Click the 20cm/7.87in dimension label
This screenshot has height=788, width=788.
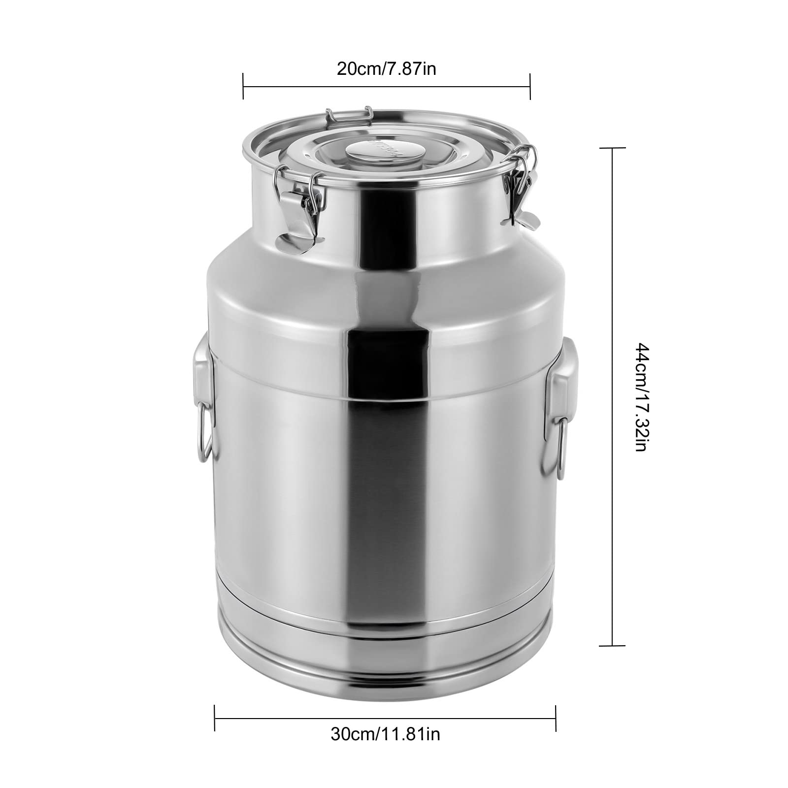[386, 68]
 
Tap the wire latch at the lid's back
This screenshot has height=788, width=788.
[348, 117]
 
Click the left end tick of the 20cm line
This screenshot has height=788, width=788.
[243, 86]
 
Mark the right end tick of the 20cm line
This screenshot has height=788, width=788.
[530, 86]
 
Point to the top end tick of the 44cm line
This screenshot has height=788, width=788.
[612, 148]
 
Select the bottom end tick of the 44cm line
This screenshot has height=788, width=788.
[612, 645]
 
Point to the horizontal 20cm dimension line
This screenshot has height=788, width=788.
[386, 86]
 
